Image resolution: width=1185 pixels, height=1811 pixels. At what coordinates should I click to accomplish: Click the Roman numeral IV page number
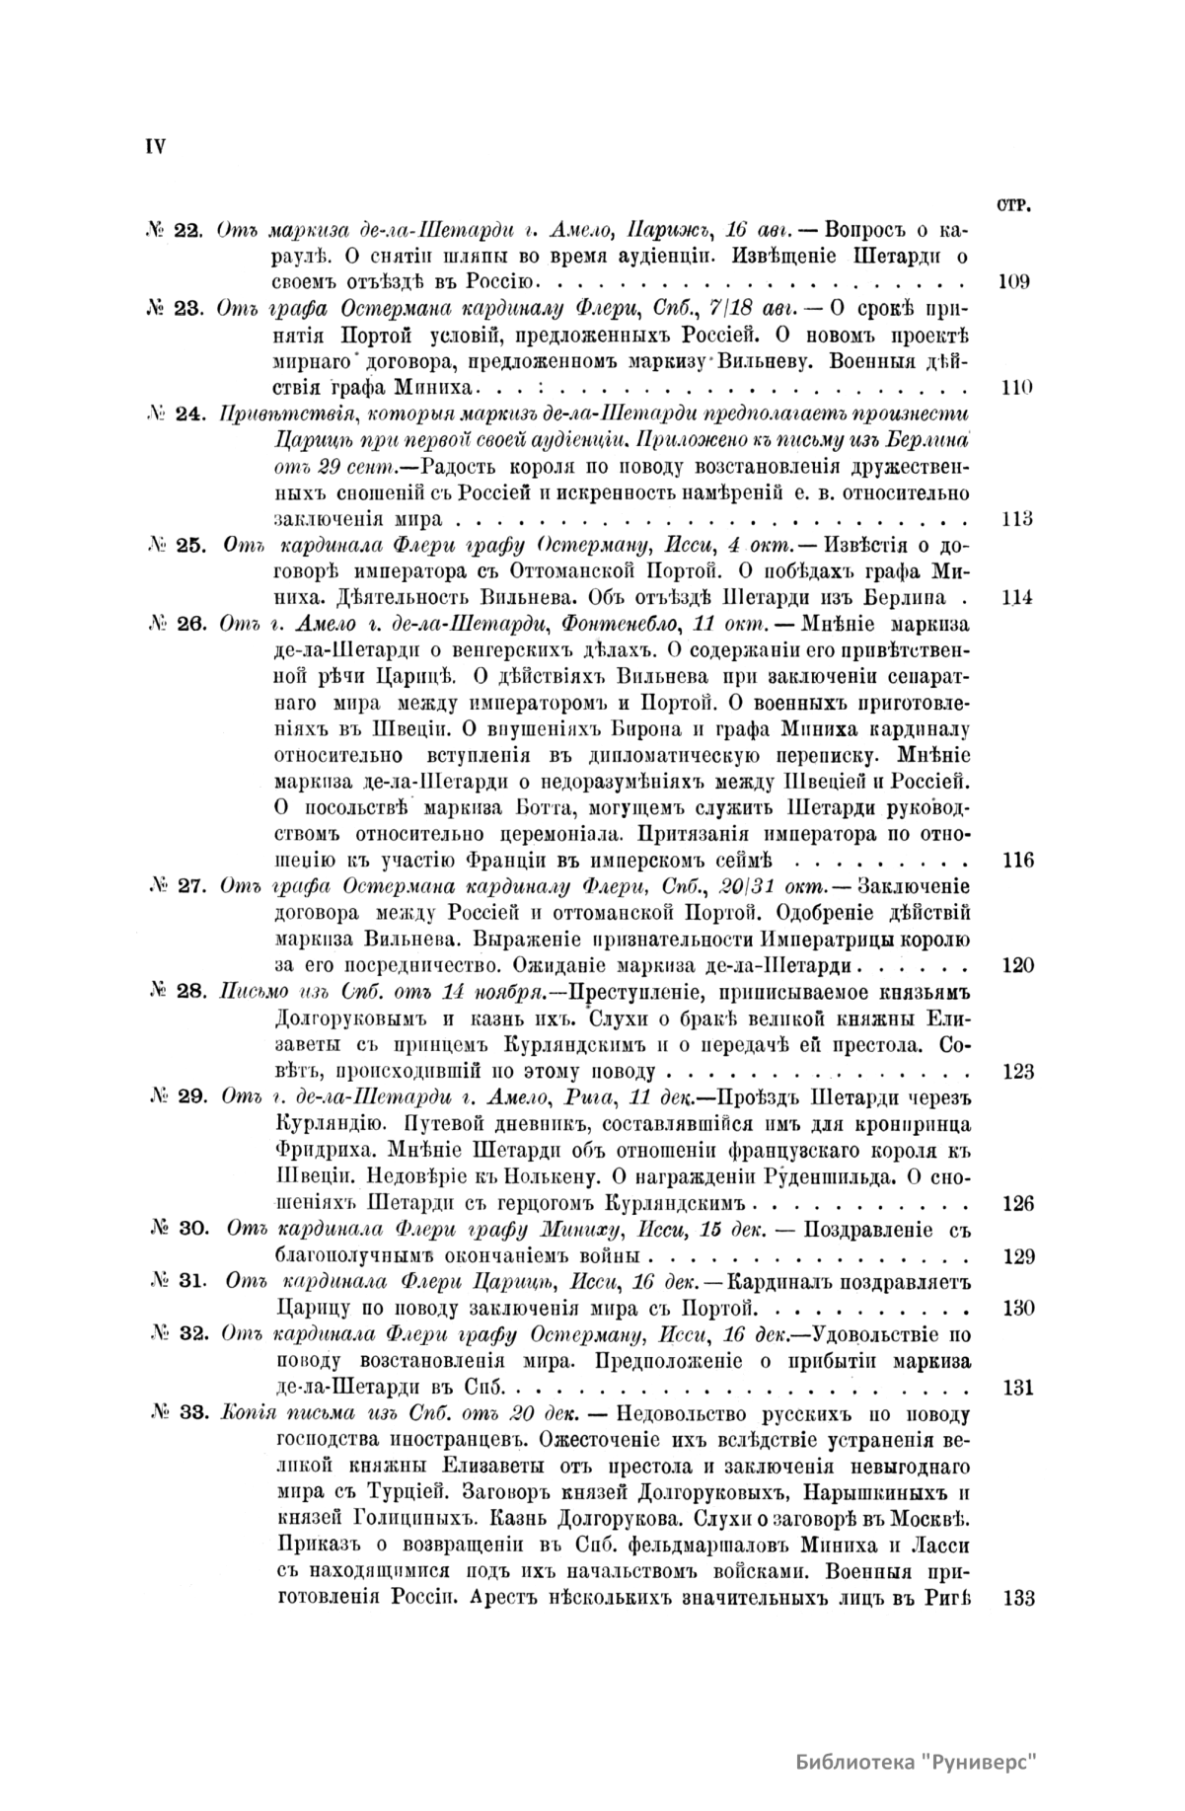[x=156, y=146]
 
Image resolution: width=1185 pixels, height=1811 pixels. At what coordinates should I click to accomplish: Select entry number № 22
[x=175, y=231]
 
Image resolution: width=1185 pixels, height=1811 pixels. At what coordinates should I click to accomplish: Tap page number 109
[x=1014, y=282]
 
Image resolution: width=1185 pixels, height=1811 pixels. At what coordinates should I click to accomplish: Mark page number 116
[x=1017, y=860]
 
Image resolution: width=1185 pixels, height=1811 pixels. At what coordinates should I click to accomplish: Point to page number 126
[x=1017, y=1203]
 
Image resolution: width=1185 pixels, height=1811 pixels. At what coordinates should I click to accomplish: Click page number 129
[x=1017, y=1256]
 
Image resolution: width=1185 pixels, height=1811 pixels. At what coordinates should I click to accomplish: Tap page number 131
[x=1017, y=1388]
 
